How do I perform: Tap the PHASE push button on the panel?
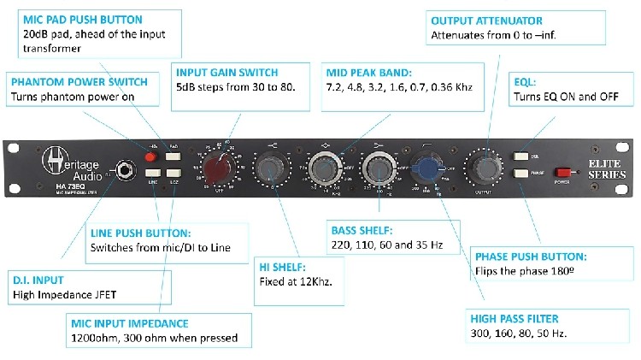520,174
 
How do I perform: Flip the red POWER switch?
562,171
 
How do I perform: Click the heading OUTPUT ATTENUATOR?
486,21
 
